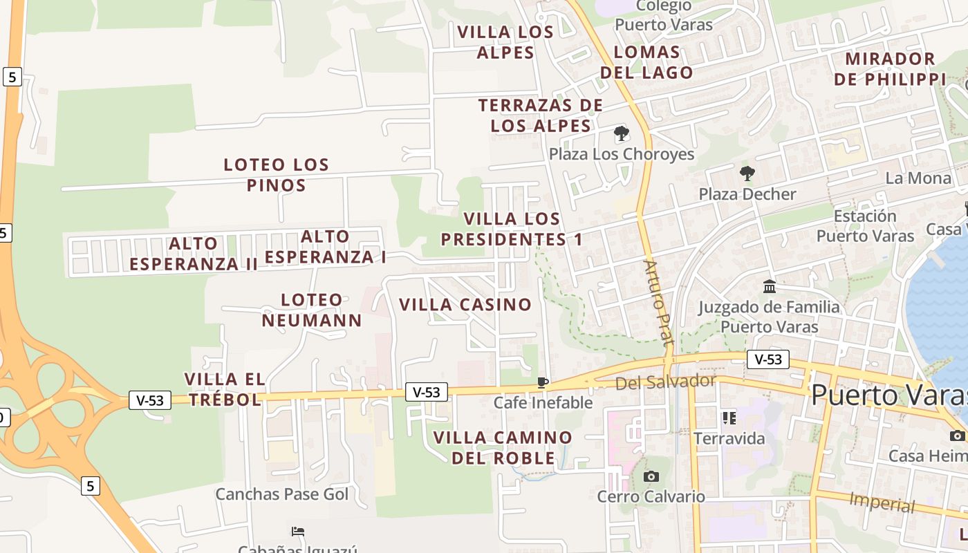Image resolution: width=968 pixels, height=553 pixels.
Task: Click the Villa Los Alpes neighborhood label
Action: click(x=505, y=42)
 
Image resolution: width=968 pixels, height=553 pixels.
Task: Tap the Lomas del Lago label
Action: click(x=646, y=62)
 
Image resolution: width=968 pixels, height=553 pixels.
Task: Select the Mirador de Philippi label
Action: click(x=890, y=68)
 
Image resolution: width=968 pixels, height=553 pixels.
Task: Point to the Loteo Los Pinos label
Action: click(x=276, y=175)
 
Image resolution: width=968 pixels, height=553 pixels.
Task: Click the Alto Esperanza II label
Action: click(x=194, y=254)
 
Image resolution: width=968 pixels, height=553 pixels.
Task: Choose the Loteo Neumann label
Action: click(x=312, y=310)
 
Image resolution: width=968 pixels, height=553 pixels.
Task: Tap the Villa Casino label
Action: click(x=465, y=304)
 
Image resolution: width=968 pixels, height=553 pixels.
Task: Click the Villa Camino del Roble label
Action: click(x=503, y=447)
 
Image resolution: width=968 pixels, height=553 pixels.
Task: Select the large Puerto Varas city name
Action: click(x=888, y=395)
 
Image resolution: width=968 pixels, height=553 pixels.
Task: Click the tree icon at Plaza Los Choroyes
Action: click(x=621, y=133)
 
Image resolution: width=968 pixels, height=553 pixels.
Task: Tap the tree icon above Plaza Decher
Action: click(x=747, y=173)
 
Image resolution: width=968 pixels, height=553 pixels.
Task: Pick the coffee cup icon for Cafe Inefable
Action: click(x=543, y=382)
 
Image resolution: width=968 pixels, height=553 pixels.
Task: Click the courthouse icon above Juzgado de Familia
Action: click(x=769, y=286)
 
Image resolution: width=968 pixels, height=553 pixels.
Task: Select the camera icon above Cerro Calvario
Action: click(x=651, y=476)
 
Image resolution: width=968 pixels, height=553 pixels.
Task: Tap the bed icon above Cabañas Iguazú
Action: click(x=298, y=531)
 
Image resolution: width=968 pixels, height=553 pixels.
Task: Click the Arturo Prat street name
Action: click(x=658, y=303)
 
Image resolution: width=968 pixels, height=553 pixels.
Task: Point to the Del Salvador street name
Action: click(x=665, y=382)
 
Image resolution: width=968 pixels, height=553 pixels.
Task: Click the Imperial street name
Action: click(x=882, y=502)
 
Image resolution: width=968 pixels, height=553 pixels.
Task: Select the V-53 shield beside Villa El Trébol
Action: click(x=150, y=400)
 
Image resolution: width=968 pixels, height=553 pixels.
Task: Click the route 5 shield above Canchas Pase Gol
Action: click(x=90, y=486)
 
